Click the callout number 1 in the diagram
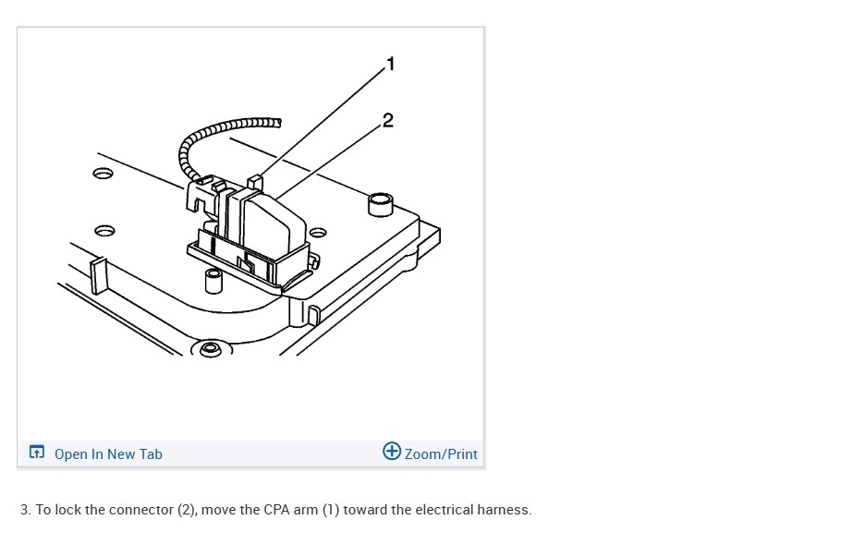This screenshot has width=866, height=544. coord(390,65)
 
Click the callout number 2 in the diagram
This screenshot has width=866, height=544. coord(387,120)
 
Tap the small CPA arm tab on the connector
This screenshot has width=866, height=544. coord(257,178)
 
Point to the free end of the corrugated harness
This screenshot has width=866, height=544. coord(275,121)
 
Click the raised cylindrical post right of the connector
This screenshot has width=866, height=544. coord(379,202)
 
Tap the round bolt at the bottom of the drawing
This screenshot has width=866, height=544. coord(210,349)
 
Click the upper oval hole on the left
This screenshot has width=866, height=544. coord(102,173)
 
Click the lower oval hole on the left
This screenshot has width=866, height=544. coord(104,228)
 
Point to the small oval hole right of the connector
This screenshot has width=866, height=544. coord(318,231)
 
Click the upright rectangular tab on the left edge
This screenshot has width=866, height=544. coord(94,275)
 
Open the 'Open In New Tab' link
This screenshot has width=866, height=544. coord(108,453)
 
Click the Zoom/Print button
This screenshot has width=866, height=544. coord(441,453)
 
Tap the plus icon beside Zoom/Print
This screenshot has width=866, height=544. coord(392,452)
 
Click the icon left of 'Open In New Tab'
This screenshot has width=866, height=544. coord(37,453)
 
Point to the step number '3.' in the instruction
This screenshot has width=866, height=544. coord(26,510)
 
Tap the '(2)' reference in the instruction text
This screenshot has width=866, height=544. coord(188,510)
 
